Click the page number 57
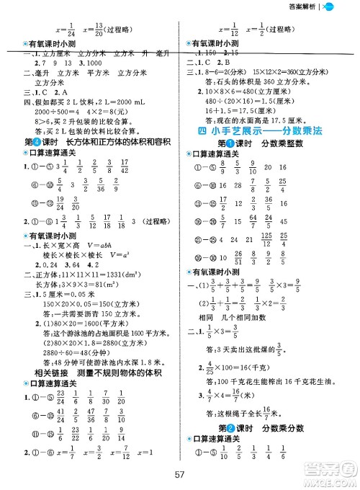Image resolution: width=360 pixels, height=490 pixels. [x=179, y=473]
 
